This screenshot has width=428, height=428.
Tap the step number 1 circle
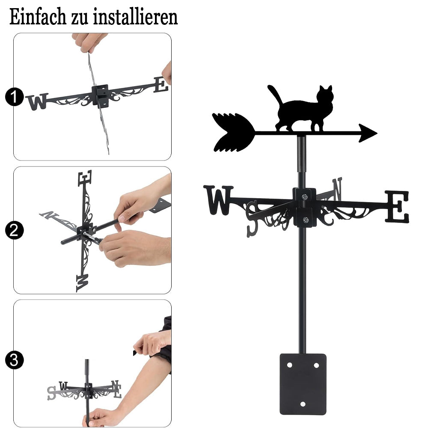(14, 97)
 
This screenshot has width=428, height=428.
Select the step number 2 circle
(14, 230)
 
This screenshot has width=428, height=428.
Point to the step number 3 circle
(14, 360)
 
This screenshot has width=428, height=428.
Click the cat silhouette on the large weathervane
(303, 109)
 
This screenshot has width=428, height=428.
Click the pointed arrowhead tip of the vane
(377, 133)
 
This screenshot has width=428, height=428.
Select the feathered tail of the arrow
(233, 132)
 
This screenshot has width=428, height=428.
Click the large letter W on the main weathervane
(218, 200)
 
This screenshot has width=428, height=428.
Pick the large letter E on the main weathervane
(397, 207)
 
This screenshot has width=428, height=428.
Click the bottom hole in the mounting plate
(303, 404)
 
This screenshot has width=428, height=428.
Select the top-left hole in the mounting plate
(289, 365)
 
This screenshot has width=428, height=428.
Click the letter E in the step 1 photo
(161, 85)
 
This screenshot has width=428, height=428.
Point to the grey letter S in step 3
(51, 393)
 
